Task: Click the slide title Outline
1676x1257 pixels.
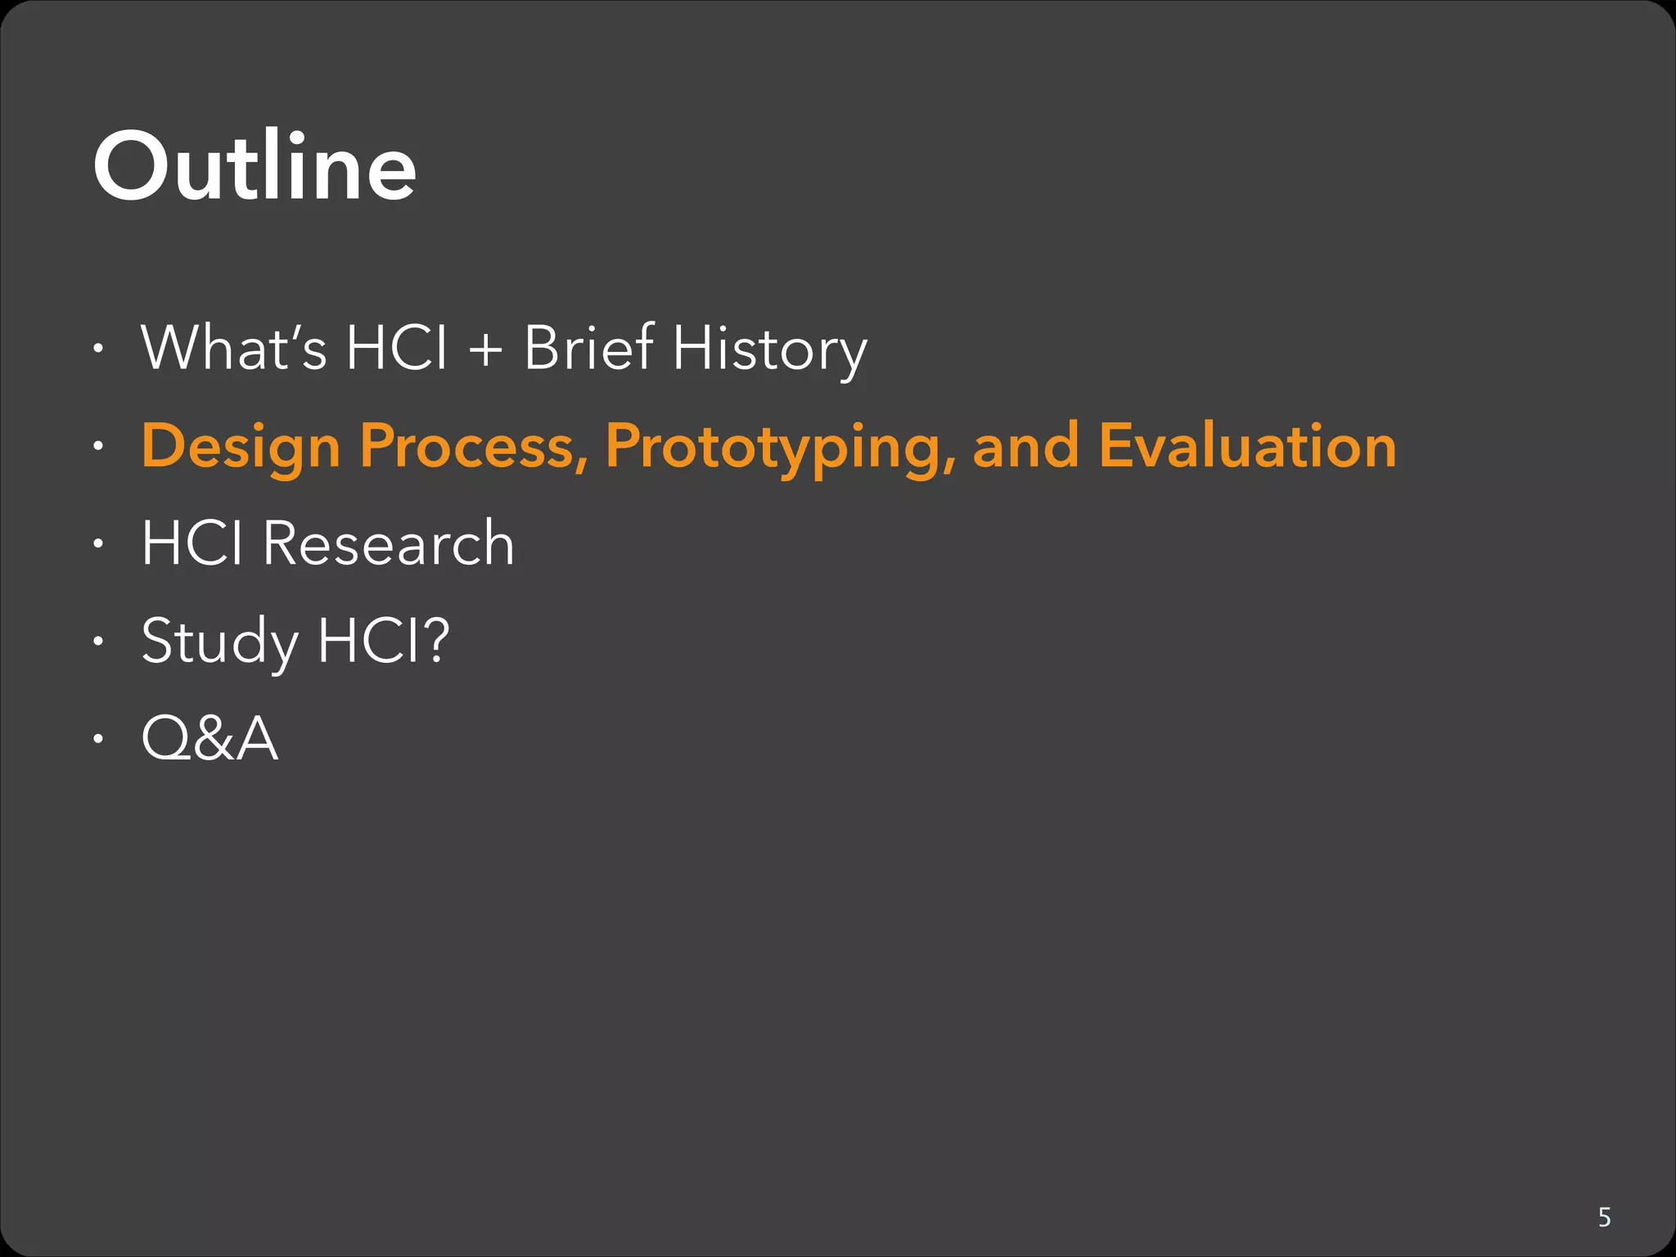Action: tap(255, 168)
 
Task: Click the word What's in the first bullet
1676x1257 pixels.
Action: tap(234, 348)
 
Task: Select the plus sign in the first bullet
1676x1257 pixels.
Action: tap(485, 349)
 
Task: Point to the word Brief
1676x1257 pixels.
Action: tap(588, 348)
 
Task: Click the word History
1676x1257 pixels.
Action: tap(769, 349)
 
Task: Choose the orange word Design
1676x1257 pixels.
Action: tap(241, 448)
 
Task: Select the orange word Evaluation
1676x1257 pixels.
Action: tap(1247, 446)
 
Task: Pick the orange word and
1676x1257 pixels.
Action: tap(1025, 446)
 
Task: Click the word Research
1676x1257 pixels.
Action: tap(388, 543)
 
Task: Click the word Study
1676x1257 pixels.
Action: tap(219, 642)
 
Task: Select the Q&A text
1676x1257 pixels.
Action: tap(209, 738)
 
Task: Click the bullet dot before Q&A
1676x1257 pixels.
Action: tap(98, 740)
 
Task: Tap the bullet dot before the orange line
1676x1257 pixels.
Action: tap(98, 447)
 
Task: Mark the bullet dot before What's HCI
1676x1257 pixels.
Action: tap(98, 349)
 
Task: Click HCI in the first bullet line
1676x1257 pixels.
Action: tap(397, 348)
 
